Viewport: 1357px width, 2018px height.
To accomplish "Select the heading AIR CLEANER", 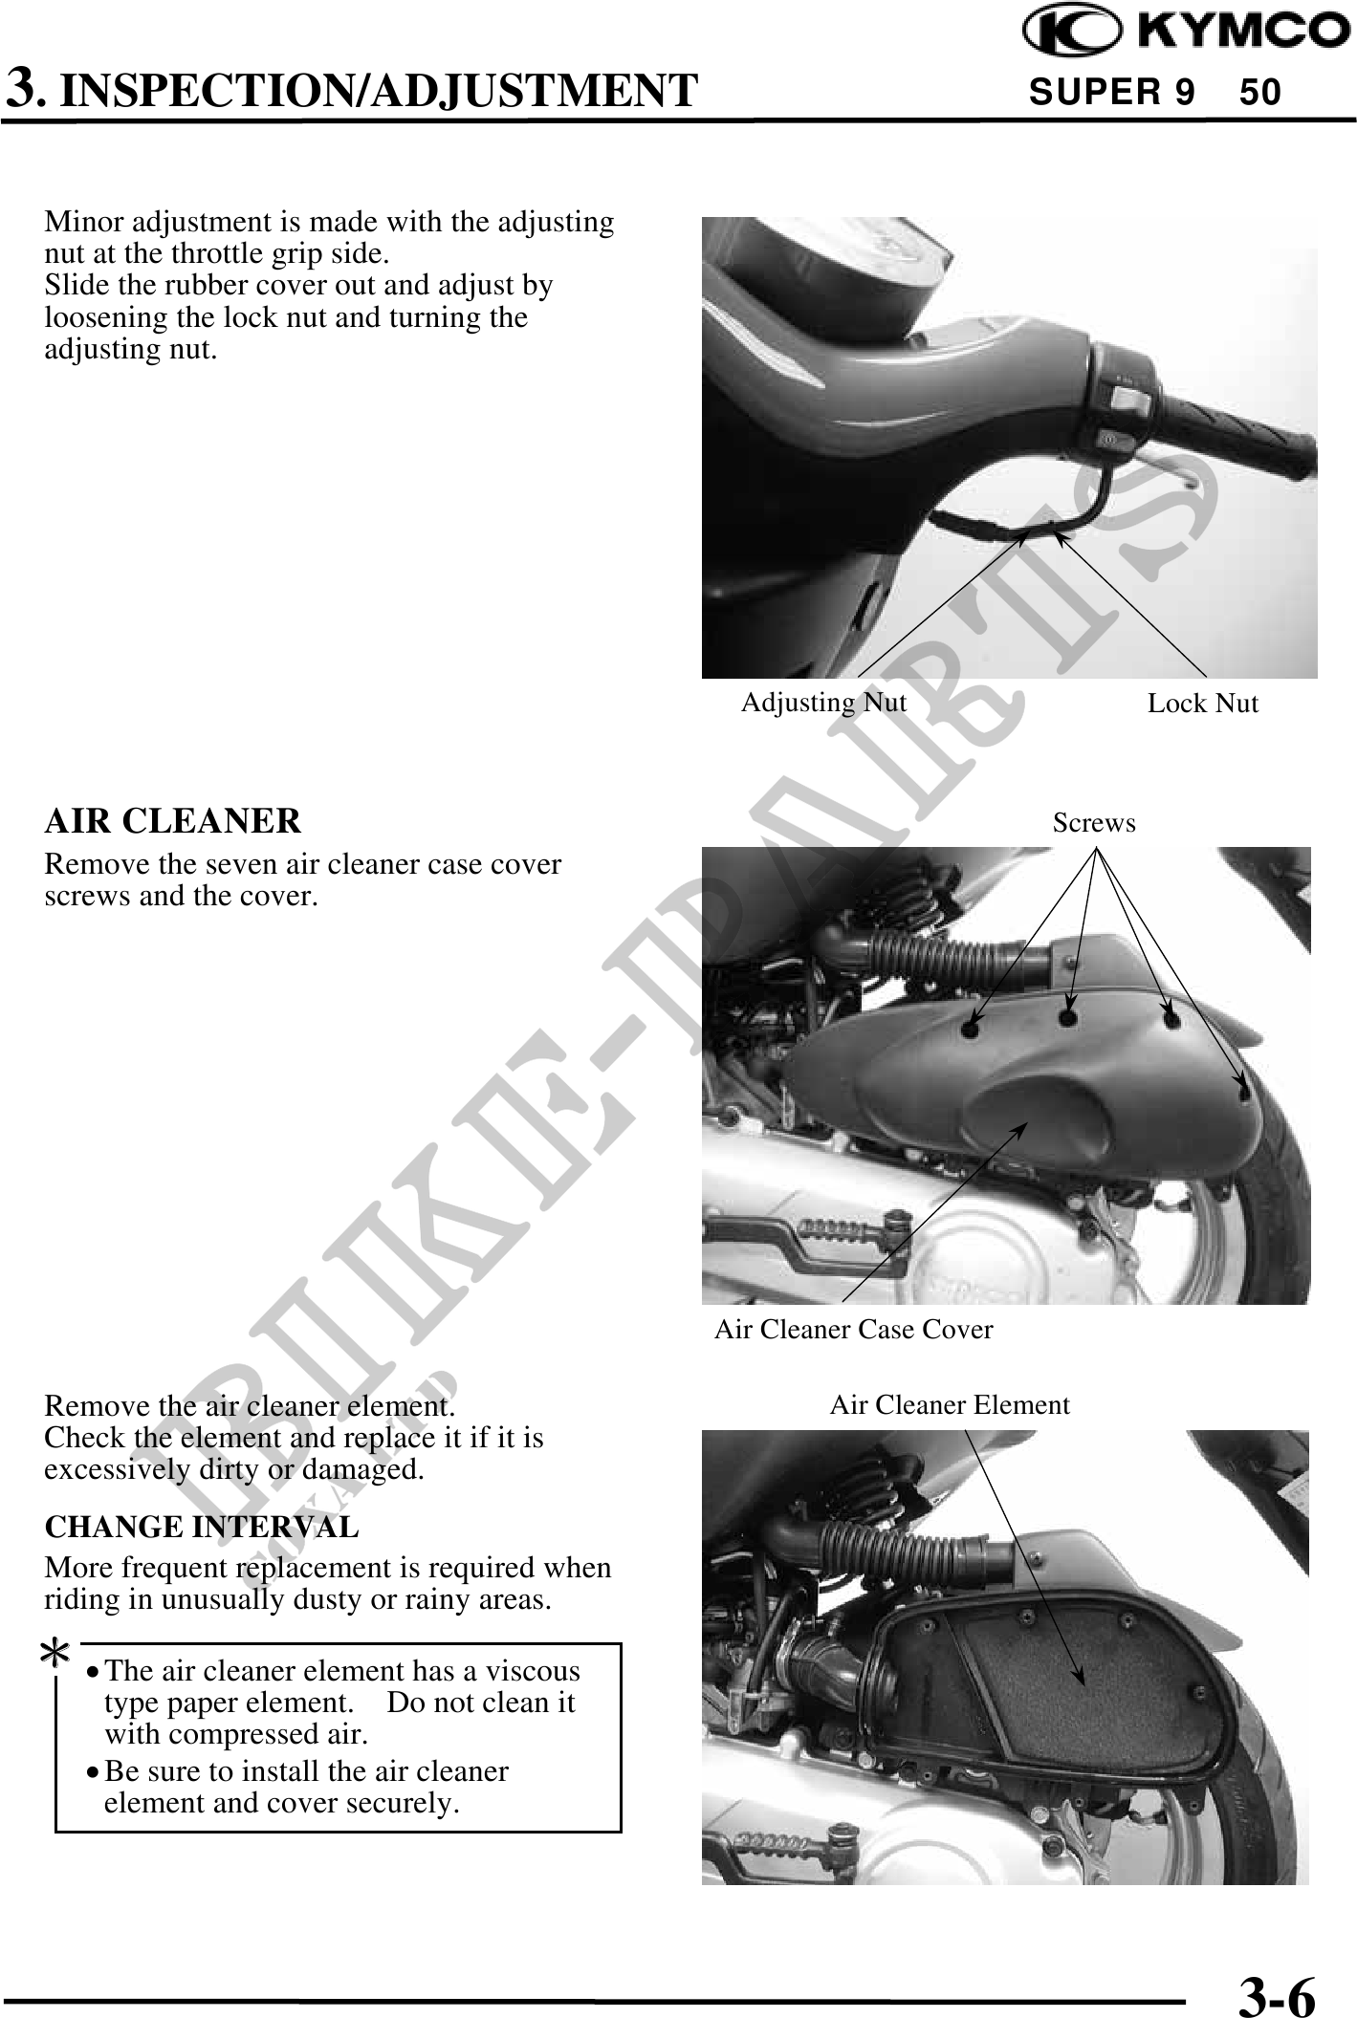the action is pos(173,820).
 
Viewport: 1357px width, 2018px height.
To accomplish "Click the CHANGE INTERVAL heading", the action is pos(202,1527).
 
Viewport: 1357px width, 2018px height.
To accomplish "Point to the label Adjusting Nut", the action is pos(823,703).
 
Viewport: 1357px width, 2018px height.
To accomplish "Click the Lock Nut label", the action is pos(1203,704).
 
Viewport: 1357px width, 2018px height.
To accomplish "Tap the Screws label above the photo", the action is pos(1094,823).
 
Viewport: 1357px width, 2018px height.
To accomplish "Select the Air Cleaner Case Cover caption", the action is pos(854,1330).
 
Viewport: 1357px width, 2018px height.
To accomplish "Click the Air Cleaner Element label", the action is pos(950,1405).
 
